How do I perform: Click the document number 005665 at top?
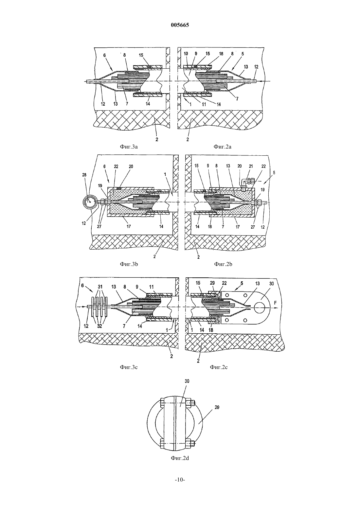click(180, 25)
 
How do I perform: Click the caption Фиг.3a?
click(129, 147)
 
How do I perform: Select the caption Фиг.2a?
click(222, 147)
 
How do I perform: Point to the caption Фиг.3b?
click(129, 264)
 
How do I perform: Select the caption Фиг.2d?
click(180, 458)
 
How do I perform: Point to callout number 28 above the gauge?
click(84, 175)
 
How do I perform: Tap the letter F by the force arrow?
click(276, 303)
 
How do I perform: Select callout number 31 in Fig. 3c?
click(100, 287)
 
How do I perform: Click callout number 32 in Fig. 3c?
click(99, 326)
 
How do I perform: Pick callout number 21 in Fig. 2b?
click(251, 166)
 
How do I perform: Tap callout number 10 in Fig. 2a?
click(186, 54)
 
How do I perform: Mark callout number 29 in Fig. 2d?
click(217, 407)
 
